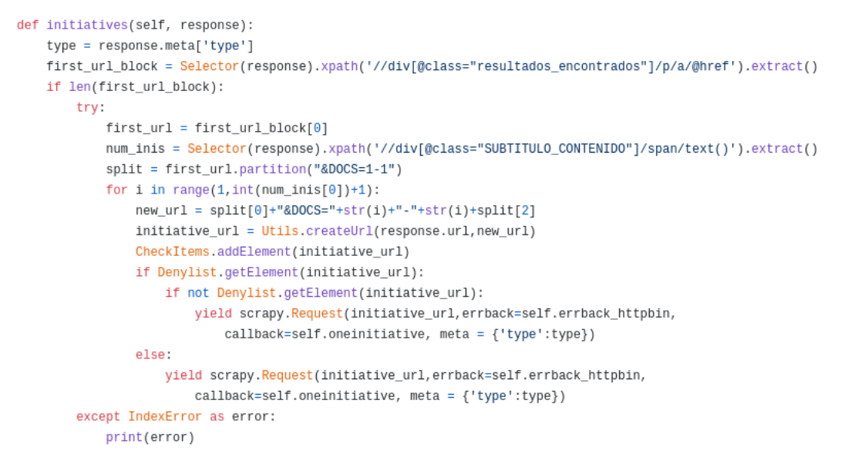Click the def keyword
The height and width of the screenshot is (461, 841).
(x=27, y=25)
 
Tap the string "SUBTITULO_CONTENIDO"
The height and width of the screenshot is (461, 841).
(x=553, y=149)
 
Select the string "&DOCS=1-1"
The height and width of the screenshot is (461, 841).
(x=355, y=170)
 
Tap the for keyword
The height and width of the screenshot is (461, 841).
(x=116, y=190)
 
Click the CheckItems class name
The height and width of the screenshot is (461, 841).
(x=173, y=252)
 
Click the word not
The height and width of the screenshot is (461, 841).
(x=198, y=293)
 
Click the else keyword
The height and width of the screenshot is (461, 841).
(x=150, y=355)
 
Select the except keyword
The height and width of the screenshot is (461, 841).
(x=98, y=417)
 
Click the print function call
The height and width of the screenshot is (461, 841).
(x=124, y=438)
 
